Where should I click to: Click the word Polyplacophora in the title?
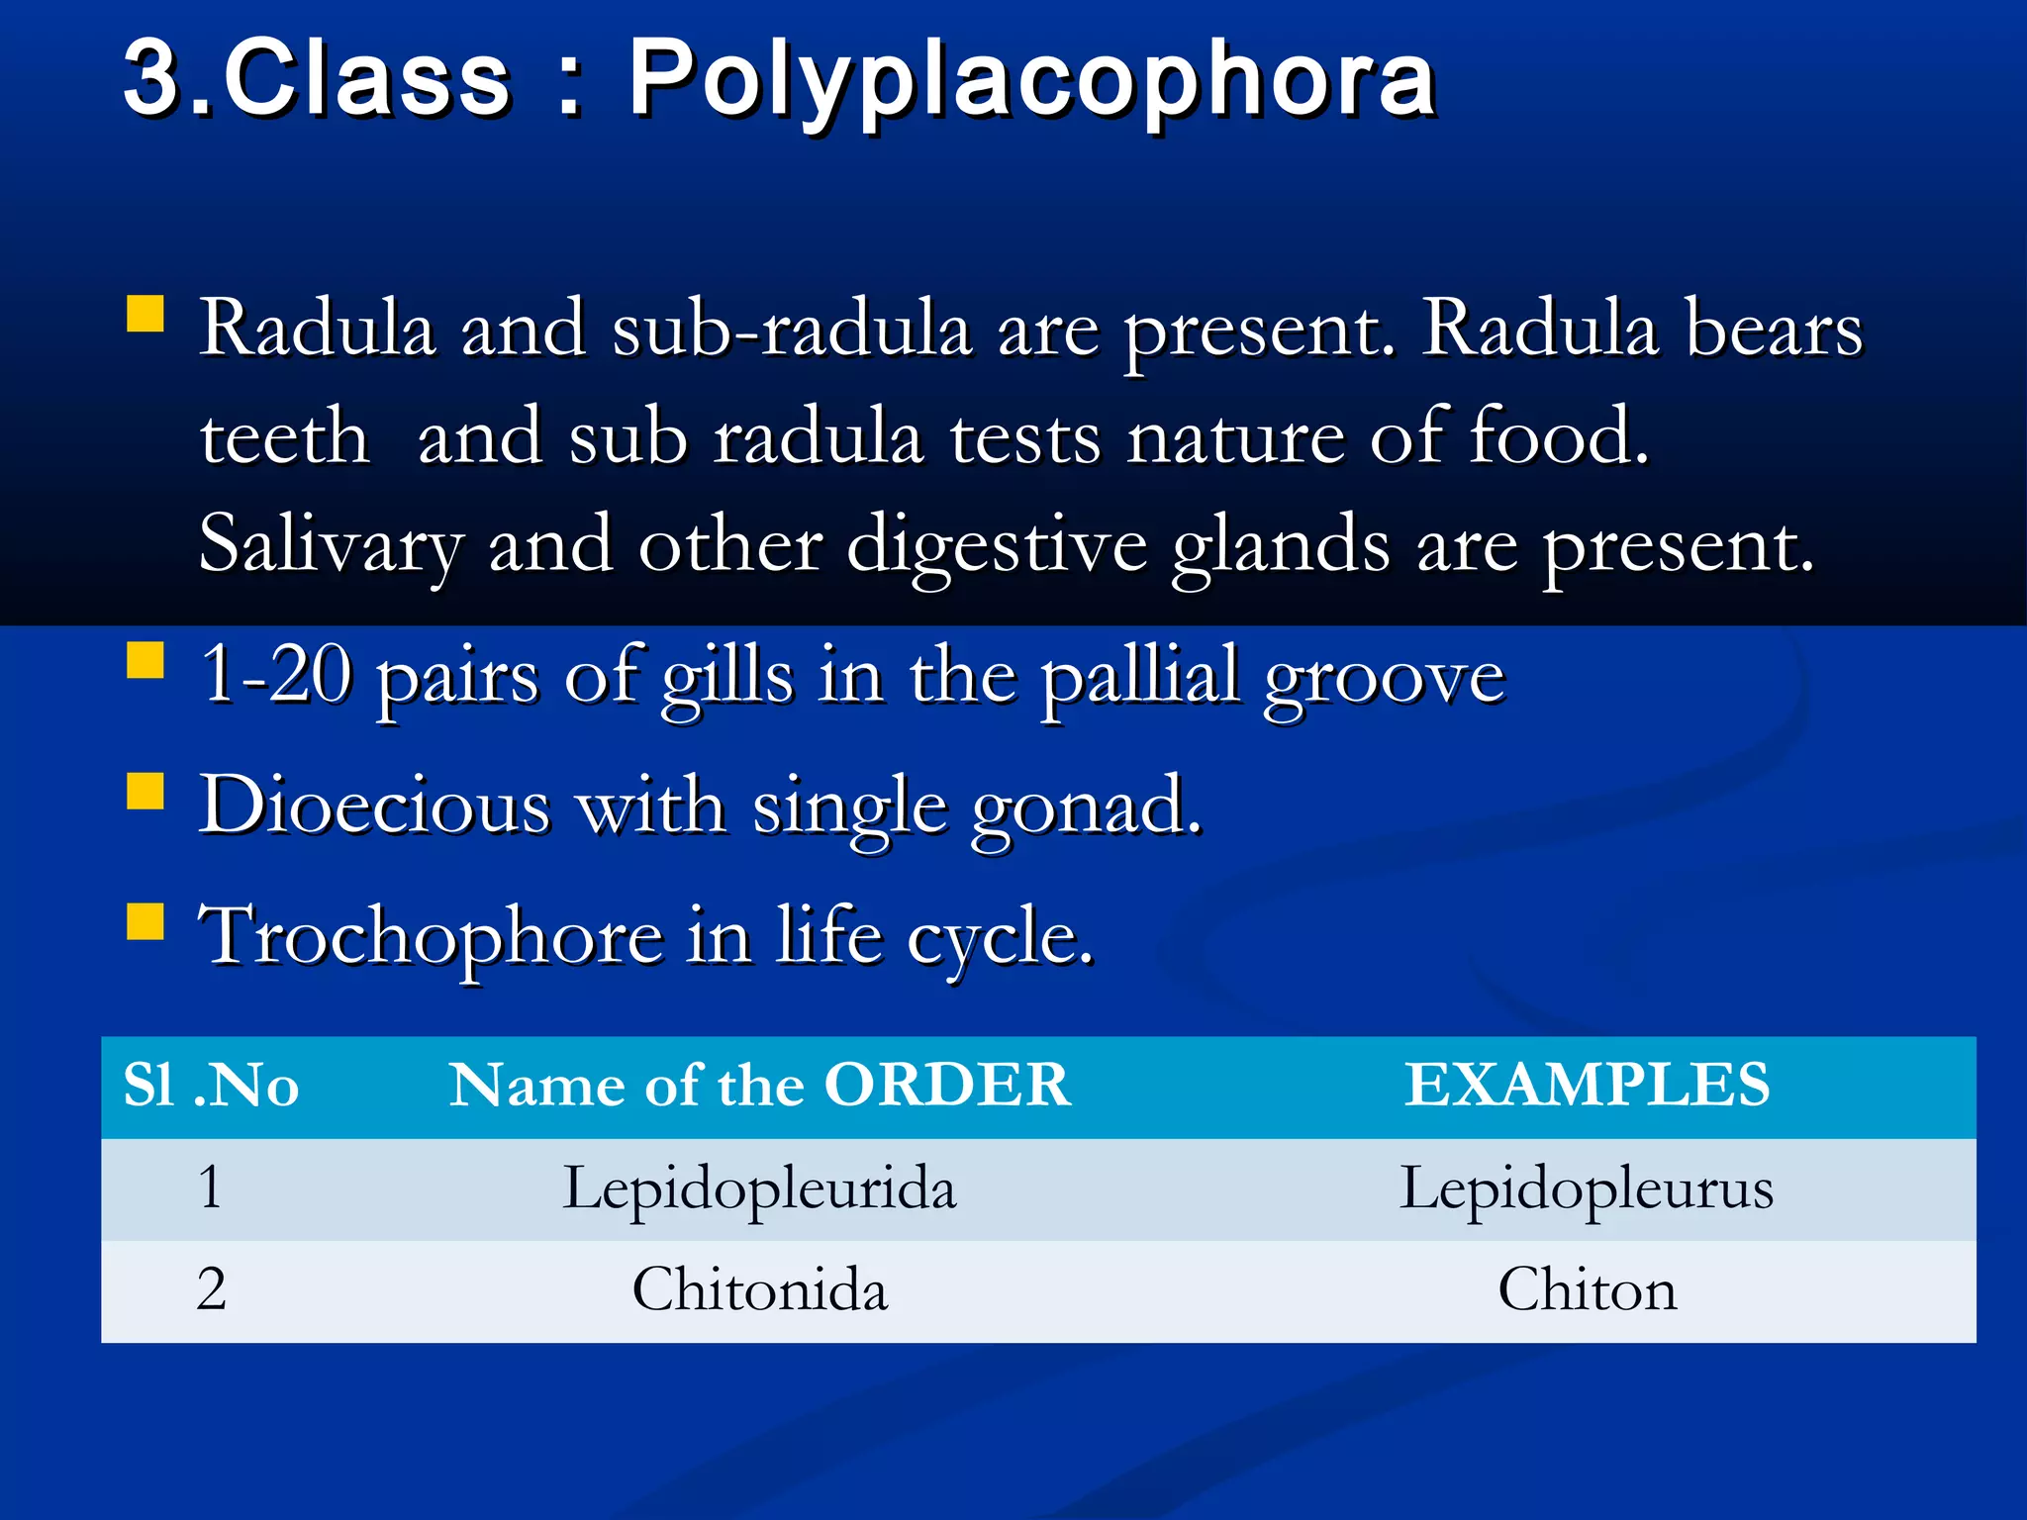click(x=1031, y=81)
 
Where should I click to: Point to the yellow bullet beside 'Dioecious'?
click(x=145, y=792)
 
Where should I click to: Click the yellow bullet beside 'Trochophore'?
click(x=145, y=921)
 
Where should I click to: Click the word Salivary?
click(x=331, y=546)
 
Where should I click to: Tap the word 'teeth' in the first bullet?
click(x=284, y=437)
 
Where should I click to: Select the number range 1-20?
click(x=276, y=676)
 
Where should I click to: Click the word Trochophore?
click(x=431, y=937)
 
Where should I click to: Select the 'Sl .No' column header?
click(x=211, y=1086)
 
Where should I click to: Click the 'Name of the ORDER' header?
click(x=759, y=1086)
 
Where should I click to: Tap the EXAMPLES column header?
click(x=1587, y=1086)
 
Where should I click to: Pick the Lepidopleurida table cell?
click(x=759, y=1188)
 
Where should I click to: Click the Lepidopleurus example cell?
click(x=1586, y=1188)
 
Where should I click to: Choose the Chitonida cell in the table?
click(x=759, y=1290)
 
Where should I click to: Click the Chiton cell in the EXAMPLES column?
click(x=1587, y=1290)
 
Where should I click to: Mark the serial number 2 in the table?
click(x=211, y=1290)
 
